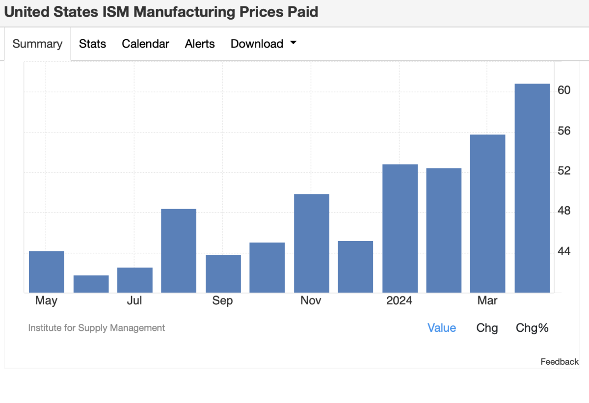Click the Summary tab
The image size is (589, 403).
[x=37, y=44]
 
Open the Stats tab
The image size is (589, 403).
[x=92, y=44]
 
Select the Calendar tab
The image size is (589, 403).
[x=145, y=44]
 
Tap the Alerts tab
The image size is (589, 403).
[x=200, y=44]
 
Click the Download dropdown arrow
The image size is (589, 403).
[x=294, y=43]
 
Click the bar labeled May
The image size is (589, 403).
[x=47, y=272]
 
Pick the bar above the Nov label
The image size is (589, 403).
[x=311, y=243]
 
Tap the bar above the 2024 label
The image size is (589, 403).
[x=400, y=228]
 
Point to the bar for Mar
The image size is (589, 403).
[x=487, y=214]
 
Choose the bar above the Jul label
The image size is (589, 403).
[x=135, y=280]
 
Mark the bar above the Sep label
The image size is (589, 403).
[x=223, y=274]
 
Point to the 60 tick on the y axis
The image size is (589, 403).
[x=564, y=90]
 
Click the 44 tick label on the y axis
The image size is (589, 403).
[x=564, y=251]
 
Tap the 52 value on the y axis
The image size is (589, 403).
[x=564, y=171]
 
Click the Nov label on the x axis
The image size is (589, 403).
[x=311, y=300]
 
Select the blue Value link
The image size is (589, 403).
[x=442, y=328]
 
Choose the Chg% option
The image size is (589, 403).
[x=532, y=328]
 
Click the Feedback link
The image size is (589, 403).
[x=560, y=362]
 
